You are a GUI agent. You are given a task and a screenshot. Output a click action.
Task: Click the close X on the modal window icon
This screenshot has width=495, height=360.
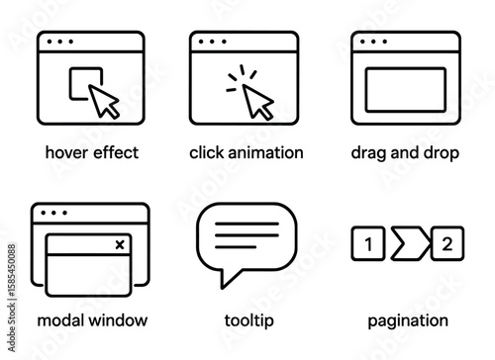point(120,244)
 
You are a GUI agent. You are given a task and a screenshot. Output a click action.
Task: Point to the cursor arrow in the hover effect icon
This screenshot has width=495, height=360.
point(102,100)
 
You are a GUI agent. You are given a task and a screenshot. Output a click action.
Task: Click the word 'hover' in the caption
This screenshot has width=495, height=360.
point(66,152)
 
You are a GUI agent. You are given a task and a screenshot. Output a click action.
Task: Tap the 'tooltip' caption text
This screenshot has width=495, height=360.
point(249,320)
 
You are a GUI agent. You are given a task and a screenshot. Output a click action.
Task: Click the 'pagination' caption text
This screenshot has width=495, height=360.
point(408,321)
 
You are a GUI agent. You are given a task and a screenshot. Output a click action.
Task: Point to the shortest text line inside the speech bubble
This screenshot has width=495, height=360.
point(236,247)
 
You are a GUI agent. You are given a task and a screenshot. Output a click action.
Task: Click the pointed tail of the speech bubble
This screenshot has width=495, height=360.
point(223,287)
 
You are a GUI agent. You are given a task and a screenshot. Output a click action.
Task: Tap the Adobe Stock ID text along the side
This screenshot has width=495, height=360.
point(12,298)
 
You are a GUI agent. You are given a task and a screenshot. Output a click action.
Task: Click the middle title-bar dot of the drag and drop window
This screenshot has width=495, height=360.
point(373,42)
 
